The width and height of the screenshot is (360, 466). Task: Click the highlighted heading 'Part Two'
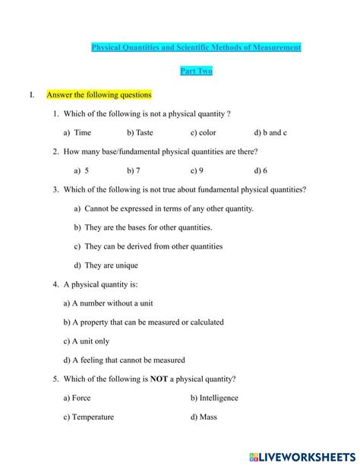coord(196,71)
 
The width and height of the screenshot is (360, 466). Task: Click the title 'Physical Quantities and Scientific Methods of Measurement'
coord(196,47)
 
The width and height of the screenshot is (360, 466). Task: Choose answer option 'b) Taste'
coord(140,132)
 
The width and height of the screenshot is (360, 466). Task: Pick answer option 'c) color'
coord(203,132)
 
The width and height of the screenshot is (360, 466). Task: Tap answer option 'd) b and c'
coord(270,132)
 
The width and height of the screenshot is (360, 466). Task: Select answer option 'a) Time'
coord(77,132)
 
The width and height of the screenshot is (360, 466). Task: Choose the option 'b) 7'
coord(134,170)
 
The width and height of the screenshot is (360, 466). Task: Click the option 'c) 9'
coord(197,170)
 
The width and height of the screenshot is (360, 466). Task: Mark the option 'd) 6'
coord(261,170)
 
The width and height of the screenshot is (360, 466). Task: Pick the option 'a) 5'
coord(77,170)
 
